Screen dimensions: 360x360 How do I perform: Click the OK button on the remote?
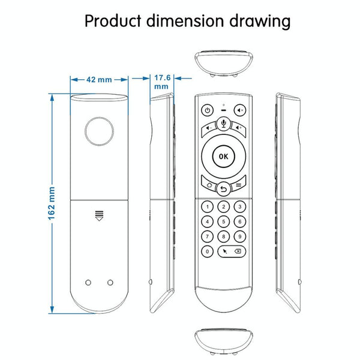tap(223, 157)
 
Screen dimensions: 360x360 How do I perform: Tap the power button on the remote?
tap(208, 110)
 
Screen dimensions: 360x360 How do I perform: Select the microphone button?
tap(223, 124)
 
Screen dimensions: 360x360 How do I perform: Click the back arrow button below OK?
tap(223, 189)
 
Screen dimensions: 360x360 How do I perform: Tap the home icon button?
tap(209, 184)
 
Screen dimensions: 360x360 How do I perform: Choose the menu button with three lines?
tap(239, 184)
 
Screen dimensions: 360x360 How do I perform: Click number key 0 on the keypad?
tap(208, 251)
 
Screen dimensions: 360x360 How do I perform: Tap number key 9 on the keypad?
tap(239, 236)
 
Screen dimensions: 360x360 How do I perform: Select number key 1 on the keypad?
tap(208, 207)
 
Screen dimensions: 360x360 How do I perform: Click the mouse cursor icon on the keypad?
tap(225, 251)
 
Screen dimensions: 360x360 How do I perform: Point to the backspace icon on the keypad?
tap(238, 251)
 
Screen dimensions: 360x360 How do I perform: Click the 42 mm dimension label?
tap(99, 80)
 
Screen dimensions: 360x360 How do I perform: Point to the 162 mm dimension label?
tap(52, 203)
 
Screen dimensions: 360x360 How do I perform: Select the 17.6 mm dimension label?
tap(162, 82)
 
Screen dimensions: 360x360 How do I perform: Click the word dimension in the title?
tap(185, 21)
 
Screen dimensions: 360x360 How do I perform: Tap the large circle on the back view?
tap(99, 131)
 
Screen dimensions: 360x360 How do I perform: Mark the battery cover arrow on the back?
tap(99, 216)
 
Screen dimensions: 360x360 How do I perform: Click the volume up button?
tap(239, 129)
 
